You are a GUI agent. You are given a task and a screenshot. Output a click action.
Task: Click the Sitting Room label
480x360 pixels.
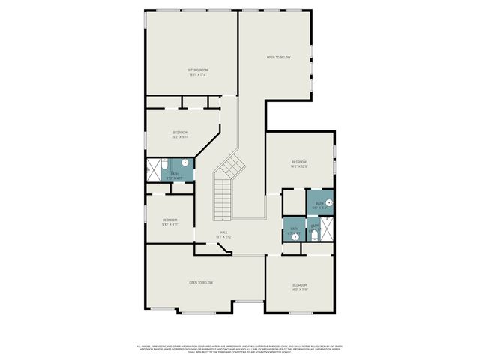[197, 70]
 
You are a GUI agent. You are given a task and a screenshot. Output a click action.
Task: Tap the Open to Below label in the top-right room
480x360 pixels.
[278, 58]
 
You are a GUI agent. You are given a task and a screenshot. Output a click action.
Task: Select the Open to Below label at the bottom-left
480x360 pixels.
[201, 282]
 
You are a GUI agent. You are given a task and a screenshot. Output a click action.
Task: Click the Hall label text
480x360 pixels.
[223, 232]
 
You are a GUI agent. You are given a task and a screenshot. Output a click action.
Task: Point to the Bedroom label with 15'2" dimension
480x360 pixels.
[179, 132]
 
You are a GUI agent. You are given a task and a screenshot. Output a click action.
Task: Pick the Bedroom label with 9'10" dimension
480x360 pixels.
[170, 220]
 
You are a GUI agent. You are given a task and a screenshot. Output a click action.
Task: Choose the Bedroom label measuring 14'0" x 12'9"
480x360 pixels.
[299, 162]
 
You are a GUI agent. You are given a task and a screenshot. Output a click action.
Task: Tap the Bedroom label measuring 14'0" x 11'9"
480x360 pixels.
[299, 284]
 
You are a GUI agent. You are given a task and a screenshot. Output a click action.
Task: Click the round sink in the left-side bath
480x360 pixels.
[185, 163]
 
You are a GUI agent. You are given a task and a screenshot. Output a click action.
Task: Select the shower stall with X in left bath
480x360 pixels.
[152, 169]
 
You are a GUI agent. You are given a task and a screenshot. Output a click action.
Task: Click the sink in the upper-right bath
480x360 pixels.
[328, 202]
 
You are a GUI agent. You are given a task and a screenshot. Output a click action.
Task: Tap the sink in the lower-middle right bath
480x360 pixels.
[295, 236]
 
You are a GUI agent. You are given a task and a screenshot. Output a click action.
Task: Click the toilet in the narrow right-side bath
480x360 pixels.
[314, 235]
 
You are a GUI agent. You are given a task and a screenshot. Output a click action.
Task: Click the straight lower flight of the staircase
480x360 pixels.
[223, 200]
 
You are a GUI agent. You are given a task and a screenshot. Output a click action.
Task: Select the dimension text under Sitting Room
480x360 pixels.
[197, 75]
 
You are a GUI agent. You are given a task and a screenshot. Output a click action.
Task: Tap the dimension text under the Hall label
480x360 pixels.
[223, 237]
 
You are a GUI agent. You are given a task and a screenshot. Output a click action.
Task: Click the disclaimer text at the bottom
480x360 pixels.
[239, 349]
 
